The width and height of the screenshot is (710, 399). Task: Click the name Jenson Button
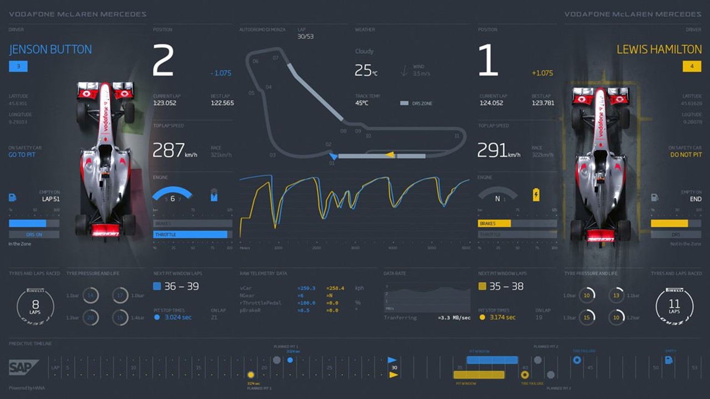[50, 49]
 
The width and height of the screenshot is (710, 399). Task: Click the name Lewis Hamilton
[659, 49]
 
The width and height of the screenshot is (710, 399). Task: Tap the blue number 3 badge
[18, 66]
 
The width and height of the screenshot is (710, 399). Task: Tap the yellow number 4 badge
[692, 66]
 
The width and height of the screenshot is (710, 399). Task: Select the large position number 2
[163, 60]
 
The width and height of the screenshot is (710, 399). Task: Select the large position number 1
[488, 60]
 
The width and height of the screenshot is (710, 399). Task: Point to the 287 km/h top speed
[175, 150]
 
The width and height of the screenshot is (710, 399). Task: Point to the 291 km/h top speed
[499, 150]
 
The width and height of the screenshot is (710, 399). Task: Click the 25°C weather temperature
[366, 70]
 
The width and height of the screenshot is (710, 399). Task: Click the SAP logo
[23, 367]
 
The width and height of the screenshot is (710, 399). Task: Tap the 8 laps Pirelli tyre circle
[35, 306]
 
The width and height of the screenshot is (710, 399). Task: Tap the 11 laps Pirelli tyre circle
[674, 306]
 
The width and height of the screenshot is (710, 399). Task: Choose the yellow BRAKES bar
[494, 223]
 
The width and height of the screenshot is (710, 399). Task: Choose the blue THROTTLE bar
[191, 234]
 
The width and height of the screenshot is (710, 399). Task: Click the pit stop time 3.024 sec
[178, 318]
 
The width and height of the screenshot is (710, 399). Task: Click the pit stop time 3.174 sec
[502, 318]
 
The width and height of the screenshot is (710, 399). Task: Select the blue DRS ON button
[34, 234]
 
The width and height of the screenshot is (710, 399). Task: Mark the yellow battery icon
[536, 195]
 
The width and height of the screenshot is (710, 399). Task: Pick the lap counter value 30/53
[306, 37]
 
